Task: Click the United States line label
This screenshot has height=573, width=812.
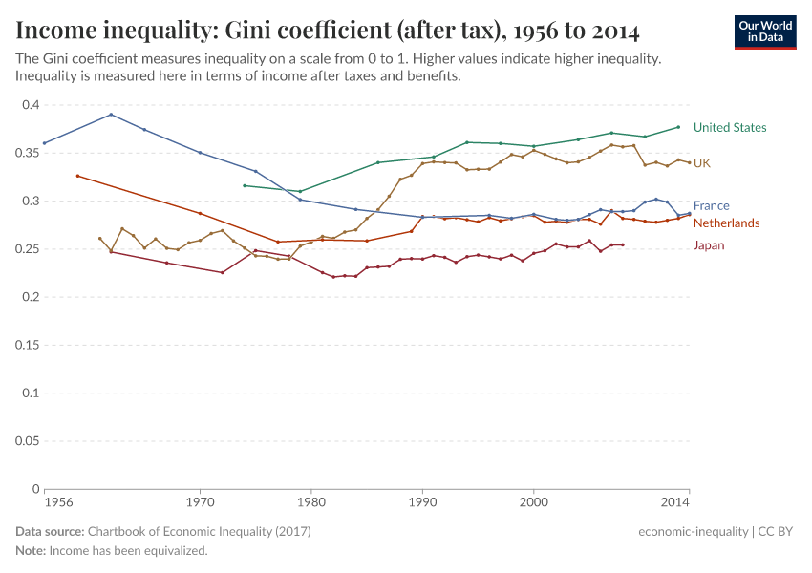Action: click(729, 127)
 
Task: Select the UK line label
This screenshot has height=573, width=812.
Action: click(701, 163)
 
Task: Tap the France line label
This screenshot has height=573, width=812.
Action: click(711, 205)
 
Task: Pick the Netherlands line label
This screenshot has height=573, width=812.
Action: click(726, 223)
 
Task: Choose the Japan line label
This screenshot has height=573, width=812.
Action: click(708, 245)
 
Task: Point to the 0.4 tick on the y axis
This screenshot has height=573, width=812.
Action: click(29, 105)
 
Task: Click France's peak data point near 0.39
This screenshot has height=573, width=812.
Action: click(111, 115)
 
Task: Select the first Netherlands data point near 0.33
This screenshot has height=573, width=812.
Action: click(77, 176)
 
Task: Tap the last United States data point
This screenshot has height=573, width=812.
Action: click(678, 127)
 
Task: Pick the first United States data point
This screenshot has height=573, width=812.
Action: click(245, 185)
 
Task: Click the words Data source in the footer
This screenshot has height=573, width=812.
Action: click(50, 531)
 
